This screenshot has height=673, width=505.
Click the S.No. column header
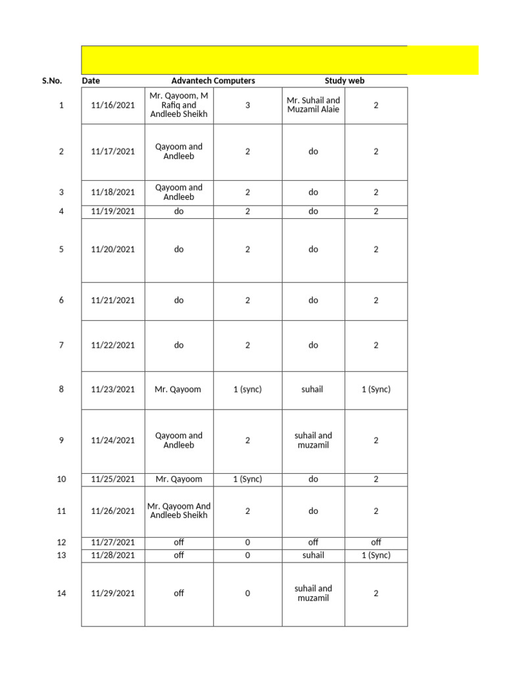[x=51, y=81]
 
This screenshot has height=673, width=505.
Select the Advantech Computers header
[x=213, y=81]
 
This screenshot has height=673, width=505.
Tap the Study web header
[x=345, y=81]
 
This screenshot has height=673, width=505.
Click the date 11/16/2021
[x=113, y=105]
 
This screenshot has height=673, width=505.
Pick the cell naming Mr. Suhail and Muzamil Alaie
[x=314, y=105]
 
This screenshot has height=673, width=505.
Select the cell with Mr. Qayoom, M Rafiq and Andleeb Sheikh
[x=179, y=105]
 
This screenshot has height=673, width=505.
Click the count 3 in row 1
[x=248, y=105]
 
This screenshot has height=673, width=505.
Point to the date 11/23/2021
[x=113, y=389]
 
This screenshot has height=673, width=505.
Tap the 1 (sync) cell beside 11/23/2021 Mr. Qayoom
[x=248, y=389]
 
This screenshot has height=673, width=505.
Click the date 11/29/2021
[x=113, y=593]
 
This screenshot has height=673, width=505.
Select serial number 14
[x=62, y=593]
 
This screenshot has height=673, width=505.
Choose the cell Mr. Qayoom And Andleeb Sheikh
[x=179, y=511]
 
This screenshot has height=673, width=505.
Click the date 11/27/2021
[x=113, y=543]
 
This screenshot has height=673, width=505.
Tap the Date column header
[x=91, y=81]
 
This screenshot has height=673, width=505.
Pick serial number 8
[x=62, y=389]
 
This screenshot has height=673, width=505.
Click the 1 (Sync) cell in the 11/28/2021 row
[x=376, y=555]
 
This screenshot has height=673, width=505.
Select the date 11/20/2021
[x=113, y=250]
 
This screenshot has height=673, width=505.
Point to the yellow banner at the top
[x=279, y=60]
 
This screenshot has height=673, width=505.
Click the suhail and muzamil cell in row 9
[x=314, y=440]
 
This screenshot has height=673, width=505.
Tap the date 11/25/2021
[x=113, y=479]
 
